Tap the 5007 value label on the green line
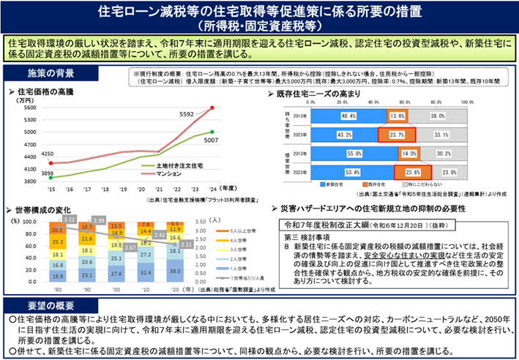(211, 140)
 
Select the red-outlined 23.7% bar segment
(397, 135)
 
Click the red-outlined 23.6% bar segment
(397, 173)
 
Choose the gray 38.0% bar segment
(438, 116)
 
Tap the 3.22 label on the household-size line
(70, 219)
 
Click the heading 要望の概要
(40, 304)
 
